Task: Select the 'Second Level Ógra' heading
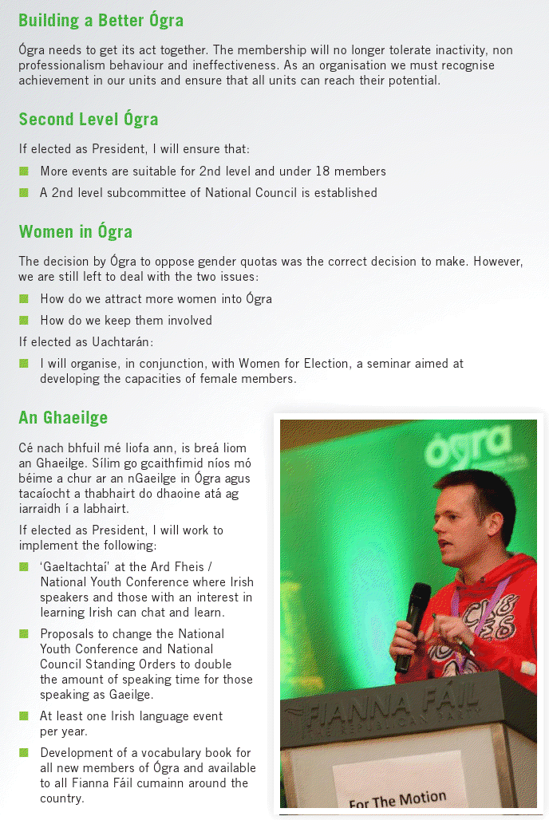click(89, 120)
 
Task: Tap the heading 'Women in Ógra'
click(76, 232)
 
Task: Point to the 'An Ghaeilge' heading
click(63, 418)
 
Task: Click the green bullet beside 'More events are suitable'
click(24, 171)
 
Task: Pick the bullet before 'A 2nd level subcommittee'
click(24, 192)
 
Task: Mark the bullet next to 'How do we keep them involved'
click(24, 321)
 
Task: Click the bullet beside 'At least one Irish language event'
click(24, 716)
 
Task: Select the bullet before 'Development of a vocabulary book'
click(24, 753)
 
